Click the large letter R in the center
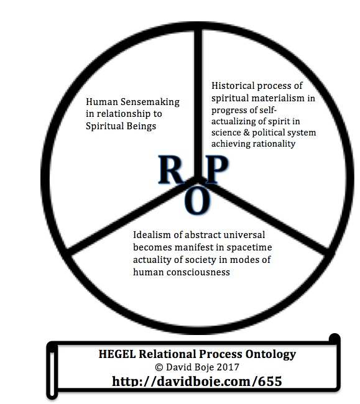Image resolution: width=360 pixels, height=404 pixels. (171, 170)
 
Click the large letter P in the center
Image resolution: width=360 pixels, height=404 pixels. (217, 170)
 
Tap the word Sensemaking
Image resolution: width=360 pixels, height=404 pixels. (150, 103)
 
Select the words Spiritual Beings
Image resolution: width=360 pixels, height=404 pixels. (121, 126)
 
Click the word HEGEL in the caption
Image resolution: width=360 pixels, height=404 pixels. (118, 354)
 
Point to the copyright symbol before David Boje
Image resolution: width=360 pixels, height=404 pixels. (159, 367)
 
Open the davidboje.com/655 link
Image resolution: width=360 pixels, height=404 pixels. (197, 381)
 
